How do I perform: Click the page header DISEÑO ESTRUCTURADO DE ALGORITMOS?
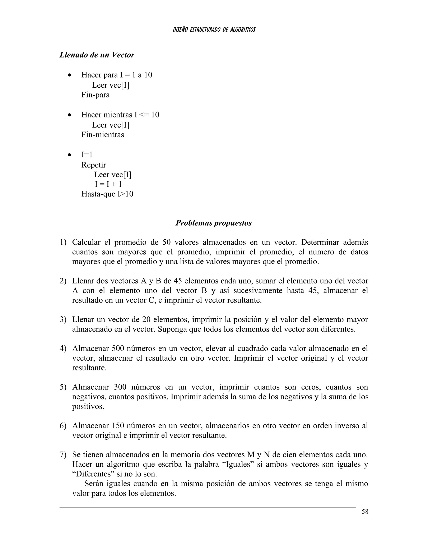tap(214, 30)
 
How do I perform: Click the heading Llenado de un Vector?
tap(97, 55)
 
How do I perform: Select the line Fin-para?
tap(95, 95)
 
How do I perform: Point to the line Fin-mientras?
tap(103, 134)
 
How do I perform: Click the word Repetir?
tap(94, 165)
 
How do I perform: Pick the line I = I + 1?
tap(108, 184)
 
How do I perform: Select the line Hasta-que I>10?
tap(107, 194)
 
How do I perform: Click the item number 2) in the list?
tap(63, 281)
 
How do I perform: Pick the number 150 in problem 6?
tap(117, 426)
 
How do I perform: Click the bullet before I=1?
tap(69, 155)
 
